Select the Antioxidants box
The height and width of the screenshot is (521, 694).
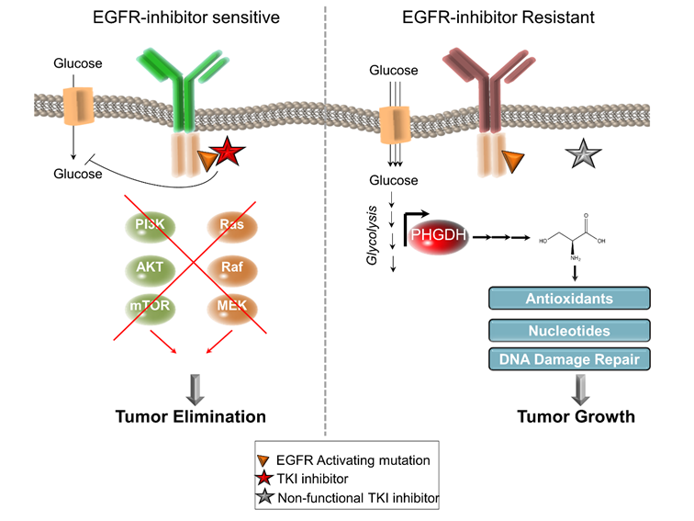[x=569, y=299]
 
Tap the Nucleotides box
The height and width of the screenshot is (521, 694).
[x=569, y=329]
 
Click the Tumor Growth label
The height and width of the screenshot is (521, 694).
[x=576, y=416]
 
